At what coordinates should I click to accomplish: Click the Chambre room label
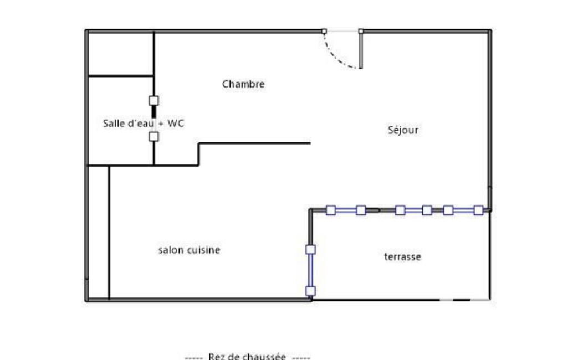tap(243, 84)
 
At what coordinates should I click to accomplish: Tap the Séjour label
tap(403, 130)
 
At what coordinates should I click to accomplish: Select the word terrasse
tap(402, 257)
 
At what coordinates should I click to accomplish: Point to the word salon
tap(170, 250)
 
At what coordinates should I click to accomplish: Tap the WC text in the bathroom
tap(176, 124)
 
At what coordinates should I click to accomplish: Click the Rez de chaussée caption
tap(247, 356)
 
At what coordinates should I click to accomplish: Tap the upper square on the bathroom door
tap(154, 100)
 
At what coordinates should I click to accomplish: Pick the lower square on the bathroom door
tap(154, 137)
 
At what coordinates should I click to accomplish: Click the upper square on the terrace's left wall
tap(310, 250)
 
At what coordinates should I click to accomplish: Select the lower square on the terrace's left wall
tap(310, 291)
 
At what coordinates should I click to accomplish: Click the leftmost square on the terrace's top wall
tap(331, 210)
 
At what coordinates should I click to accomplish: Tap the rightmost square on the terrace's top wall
tap(479, 210)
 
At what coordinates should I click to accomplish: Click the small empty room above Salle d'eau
tap(121, 54)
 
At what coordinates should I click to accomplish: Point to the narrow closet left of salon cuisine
tap(99, 233)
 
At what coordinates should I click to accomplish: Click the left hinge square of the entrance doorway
tap(324, 32)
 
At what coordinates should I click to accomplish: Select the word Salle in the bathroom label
tap(114, 124)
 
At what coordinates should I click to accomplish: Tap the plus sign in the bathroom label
tap(161, 124)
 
